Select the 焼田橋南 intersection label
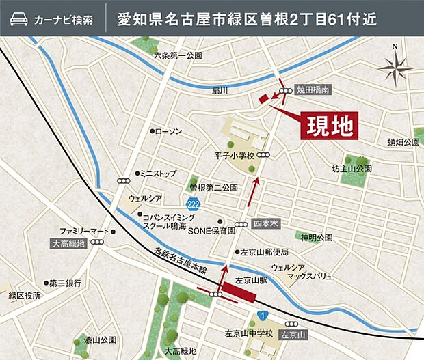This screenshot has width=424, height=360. [313, 89]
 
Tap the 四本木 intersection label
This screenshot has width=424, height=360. [263, 223]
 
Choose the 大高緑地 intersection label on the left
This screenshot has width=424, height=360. [68, 243]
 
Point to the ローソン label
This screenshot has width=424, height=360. [168, 130]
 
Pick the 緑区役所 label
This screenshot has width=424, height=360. [25, 296]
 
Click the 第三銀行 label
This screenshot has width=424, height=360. [64, 283]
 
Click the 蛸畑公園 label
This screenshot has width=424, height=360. [403, 142]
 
